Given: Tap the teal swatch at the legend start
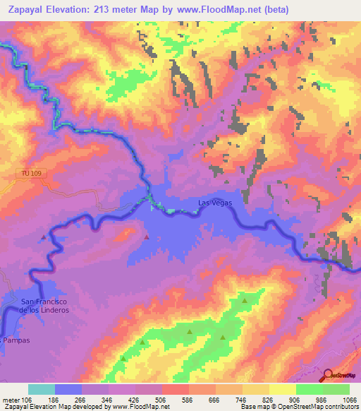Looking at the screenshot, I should tap(41, 389).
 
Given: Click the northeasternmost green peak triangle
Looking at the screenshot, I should tap(245, 302).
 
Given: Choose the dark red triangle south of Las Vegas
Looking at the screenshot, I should tap(147, 237).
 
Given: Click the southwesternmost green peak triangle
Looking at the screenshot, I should tap(123, 358).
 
